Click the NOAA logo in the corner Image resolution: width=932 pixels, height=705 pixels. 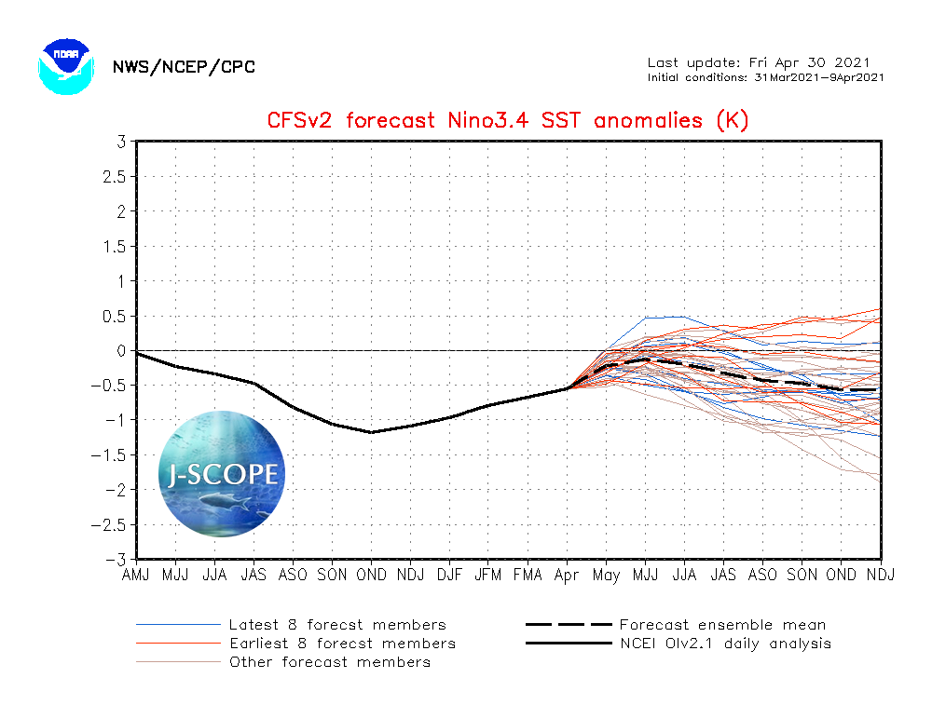pos(66,64)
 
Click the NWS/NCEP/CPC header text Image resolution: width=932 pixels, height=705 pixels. pos(183,67)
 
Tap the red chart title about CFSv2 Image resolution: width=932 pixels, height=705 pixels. pos(508,120)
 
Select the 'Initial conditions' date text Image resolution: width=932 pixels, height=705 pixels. pos(765,77)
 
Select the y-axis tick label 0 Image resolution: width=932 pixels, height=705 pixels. pos(121,351)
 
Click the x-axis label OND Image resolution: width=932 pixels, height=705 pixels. pos(371,576)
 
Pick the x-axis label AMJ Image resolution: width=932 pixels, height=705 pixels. pos(136,576)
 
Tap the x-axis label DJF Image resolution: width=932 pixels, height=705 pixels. pos(449,576)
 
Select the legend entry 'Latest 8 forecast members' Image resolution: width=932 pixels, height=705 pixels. pos(337,625)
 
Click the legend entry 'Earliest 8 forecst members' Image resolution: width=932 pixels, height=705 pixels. pos(342,644)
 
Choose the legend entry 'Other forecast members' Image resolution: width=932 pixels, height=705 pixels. pos(330,662)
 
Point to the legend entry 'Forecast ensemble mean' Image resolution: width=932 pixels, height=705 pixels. pos(722,625)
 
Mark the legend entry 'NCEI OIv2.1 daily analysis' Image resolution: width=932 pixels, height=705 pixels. pos(725,644)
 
